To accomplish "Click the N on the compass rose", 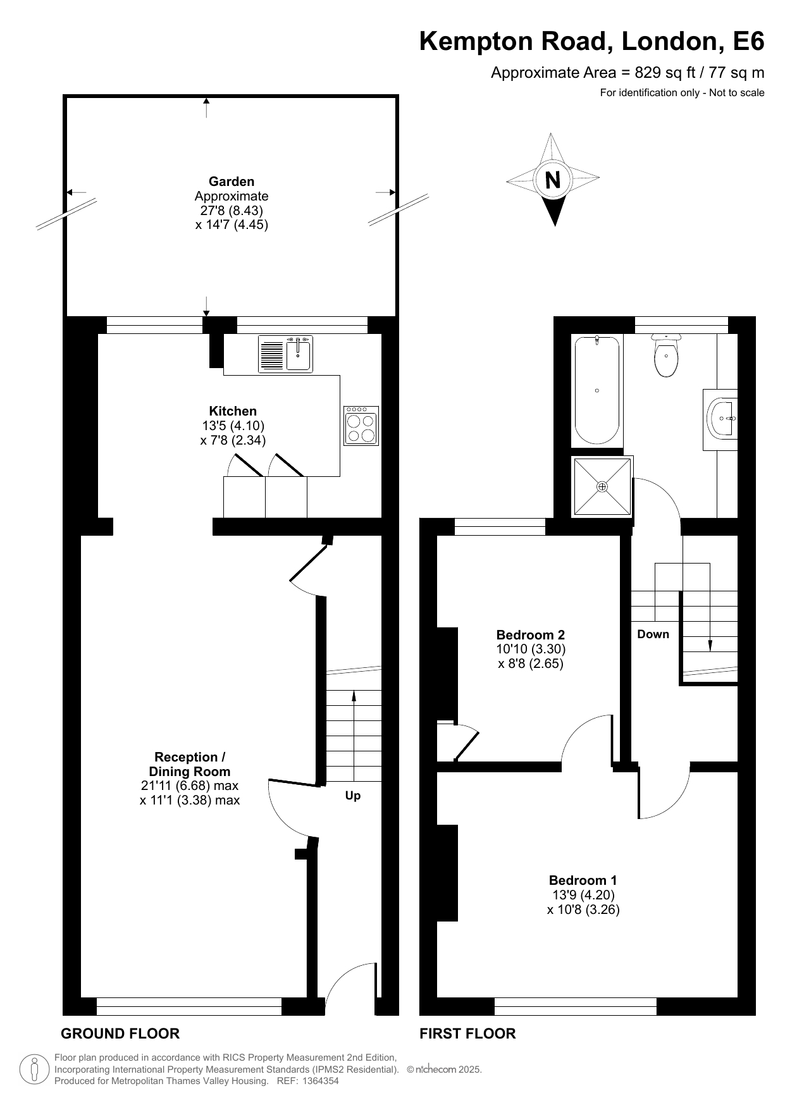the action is point(553,180).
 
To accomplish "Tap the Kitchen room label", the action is point(233,411).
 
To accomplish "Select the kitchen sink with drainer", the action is point(285,354).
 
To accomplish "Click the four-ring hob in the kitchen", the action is point(361,426).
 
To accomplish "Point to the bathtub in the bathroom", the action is point(596,390).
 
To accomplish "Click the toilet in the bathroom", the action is point(665,355).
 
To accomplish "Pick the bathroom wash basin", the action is point(721,419).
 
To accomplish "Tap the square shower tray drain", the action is point(602,486).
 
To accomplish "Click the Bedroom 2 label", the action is point(530,634).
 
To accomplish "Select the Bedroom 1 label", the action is point(583,880).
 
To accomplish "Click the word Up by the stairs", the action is point(353,796).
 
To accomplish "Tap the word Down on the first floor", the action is point(653,634).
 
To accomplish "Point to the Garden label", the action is point(232,182).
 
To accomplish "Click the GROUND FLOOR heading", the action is point(120,1033).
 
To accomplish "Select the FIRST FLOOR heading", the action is point(467,1033).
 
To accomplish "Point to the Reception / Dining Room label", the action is point(190,764).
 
